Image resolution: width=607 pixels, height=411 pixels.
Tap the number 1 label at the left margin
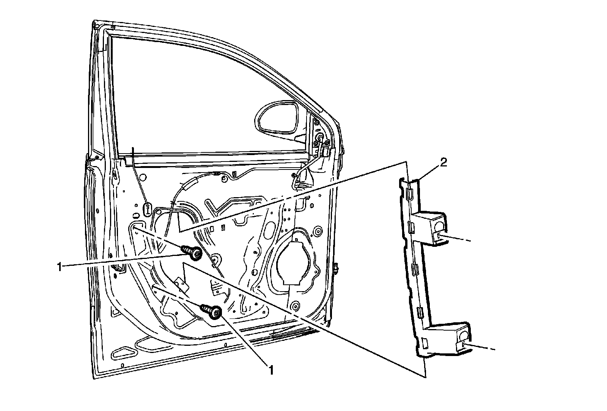click(x=59, y=267)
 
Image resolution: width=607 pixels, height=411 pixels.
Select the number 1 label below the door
click(x=271, y=370)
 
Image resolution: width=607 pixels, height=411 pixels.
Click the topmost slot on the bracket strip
click(x=408, y=195)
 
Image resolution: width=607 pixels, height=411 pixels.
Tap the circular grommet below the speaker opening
click(x=294, y=306)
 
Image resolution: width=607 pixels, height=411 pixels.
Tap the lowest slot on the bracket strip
click(x=424, y=343)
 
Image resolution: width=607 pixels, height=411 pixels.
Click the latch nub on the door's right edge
click(x=337, y=268)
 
